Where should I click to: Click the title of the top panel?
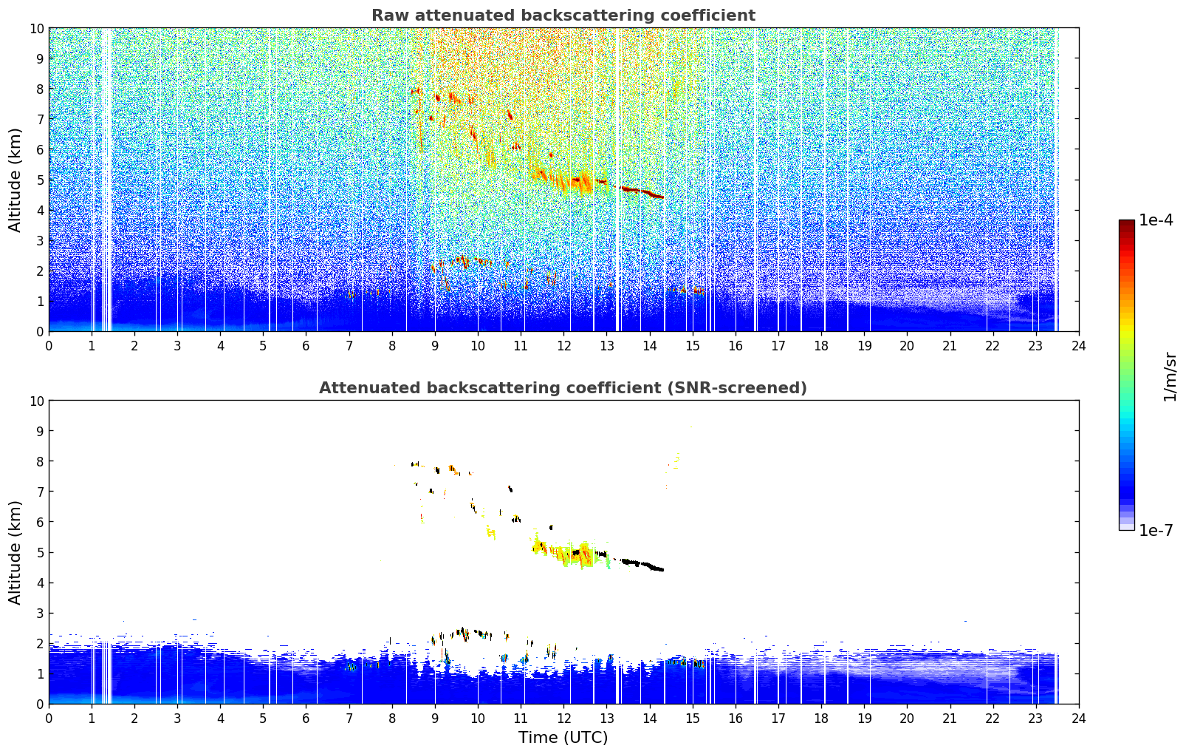tap(563, 15)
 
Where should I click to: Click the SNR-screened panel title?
tap(563, 387)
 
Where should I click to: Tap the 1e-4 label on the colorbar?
tap(1156, 220)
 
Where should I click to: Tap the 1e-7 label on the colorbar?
tap(1156, 530)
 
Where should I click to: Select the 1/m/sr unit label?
tap(1170, 376)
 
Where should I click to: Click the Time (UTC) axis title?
tap(563, 737)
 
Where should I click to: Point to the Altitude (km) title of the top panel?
tap(14, 180)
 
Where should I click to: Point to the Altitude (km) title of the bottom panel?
tap(14, 553)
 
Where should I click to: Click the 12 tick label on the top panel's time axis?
tap(564, 346)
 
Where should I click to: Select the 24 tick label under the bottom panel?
tap(1078, 719)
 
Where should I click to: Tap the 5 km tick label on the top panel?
tap(40, 180)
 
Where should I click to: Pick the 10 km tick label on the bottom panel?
tap(36, 401)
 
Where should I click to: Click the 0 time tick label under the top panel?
tap(49, 346)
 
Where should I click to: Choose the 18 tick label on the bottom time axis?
tap(821, 719)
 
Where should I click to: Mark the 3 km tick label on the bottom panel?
tap(40, 614)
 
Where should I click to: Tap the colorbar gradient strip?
tap(1127, 375)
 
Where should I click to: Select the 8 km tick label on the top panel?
tap(40, 89)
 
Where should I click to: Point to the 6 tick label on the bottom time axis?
tap(306, 719)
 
